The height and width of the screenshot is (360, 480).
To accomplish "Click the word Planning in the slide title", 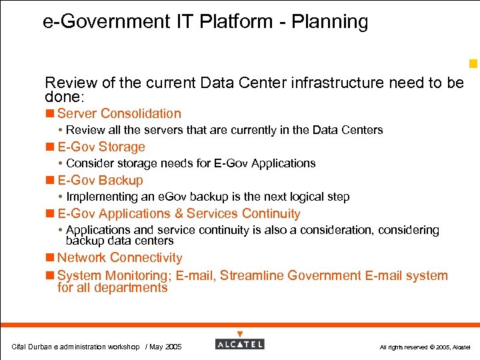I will coord(333,22).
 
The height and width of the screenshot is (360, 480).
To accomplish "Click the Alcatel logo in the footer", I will coord(239,344).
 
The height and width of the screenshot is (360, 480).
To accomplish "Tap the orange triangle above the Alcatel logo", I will coord(240,334).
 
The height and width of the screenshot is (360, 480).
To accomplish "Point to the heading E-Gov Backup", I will coord(100,181).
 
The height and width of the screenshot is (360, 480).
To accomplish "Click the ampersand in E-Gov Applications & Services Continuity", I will coord(178,214).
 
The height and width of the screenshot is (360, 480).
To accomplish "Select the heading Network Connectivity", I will coord(119,258).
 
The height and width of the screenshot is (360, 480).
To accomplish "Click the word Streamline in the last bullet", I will coord(252,276).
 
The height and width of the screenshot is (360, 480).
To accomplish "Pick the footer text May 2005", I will coord(165,347).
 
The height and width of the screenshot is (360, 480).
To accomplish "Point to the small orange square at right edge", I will coord(473,64).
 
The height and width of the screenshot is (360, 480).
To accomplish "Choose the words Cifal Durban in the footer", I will coord(33,347).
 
